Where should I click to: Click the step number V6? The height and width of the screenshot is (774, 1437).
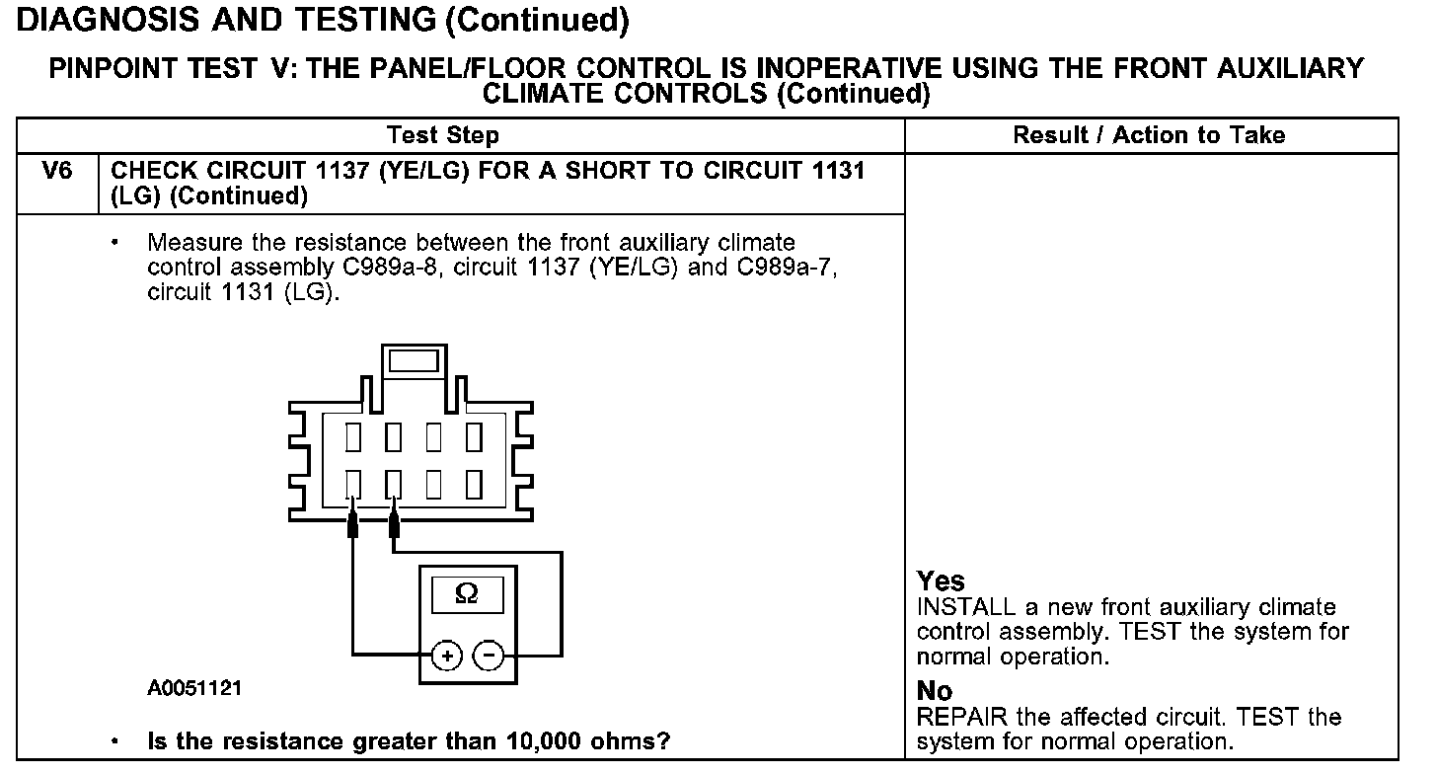[58, 172]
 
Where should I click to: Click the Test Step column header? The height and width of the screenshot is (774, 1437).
[443, 135]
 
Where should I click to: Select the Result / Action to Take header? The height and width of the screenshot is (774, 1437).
[1149, 135]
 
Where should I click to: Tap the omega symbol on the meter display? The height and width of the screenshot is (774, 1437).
[467, 594]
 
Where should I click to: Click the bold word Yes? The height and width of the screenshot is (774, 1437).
[941, 580]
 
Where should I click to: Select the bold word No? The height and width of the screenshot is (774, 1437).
[935, 690]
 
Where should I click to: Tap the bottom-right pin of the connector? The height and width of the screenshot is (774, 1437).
[474, 484]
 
